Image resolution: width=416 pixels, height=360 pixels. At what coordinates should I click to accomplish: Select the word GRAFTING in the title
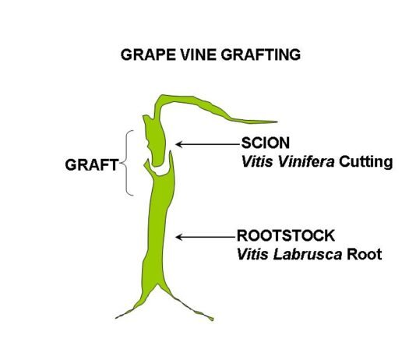261,55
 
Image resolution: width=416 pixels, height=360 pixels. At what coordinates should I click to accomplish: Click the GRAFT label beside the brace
91,164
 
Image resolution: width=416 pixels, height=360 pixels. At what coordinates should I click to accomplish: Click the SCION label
266,143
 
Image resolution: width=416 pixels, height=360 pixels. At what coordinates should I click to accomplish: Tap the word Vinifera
306,161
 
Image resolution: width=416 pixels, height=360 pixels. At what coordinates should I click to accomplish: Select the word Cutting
365,162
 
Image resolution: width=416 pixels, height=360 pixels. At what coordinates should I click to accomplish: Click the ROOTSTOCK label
285,235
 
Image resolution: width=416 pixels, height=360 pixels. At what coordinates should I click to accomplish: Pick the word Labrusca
308,254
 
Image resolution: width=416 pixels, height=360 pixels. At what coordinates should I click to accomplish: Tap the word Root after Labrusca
365,254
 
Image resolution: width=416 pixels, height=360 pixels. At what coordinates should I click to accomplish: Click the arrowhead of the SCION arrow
179,144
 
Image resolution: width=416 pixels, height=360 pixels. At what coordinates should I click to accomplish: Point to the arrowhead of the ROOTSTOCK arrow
179,237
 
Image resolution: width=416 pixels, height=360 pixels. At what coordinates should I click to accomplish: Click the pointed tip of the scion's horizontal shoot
277,122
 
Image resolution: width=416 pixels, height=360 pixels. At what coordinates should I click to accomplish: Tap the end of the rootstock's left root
117,318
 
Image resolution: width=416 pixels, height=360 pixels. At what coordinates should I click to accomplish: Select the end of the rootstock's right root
212,319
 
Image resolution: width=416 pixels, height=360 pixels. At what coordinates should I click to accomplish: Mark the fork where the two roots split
158,284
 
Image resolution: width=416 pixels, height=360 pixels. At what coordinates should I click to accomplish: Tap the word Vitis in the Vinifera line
257,161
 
